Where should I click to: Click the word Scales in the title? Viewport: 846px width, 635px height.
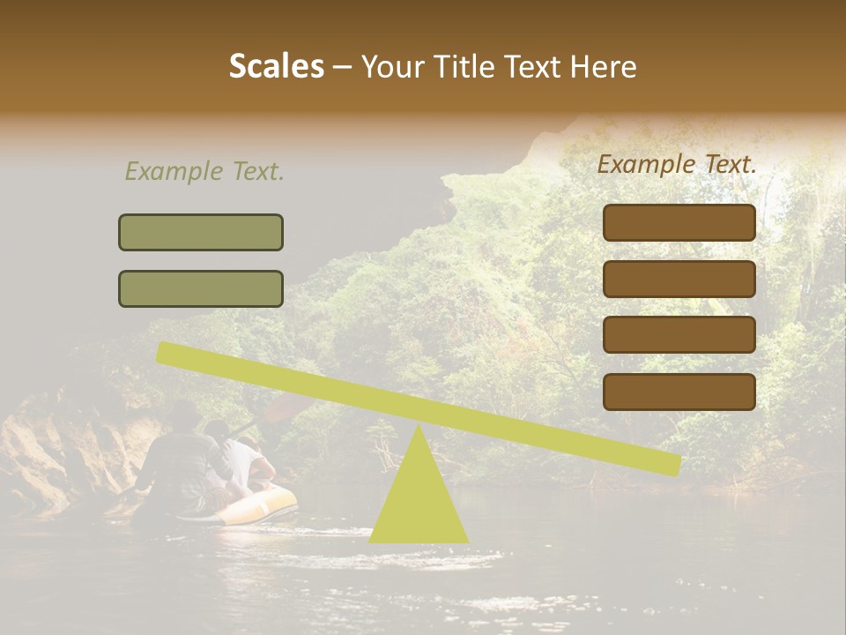point(276,66)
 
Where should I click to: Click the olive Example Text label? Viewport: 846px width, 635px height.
point(204,171)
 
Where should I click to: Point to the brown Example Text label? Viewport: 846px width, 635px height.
point(677,164)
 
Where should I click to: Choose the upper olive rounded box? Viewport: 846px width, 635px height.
point(201,232)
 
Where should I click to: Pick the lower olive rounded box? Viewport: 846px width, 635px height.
point(201,288)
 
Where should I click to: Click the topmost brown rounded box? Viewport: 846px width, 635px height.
point(679,222)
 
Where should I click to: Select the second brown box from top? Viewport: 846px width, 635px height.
point(679,279)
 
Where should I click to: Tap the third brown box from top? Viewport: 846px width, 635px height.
point(679,334)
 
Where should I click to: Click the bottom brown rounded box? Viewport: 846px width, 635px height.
point(679,392)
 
